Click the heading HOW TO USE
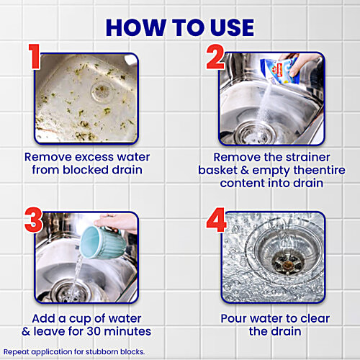point(179,27)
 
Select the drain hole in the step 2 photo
point(256,130)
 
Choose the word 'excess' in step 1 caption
point(86,156)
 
